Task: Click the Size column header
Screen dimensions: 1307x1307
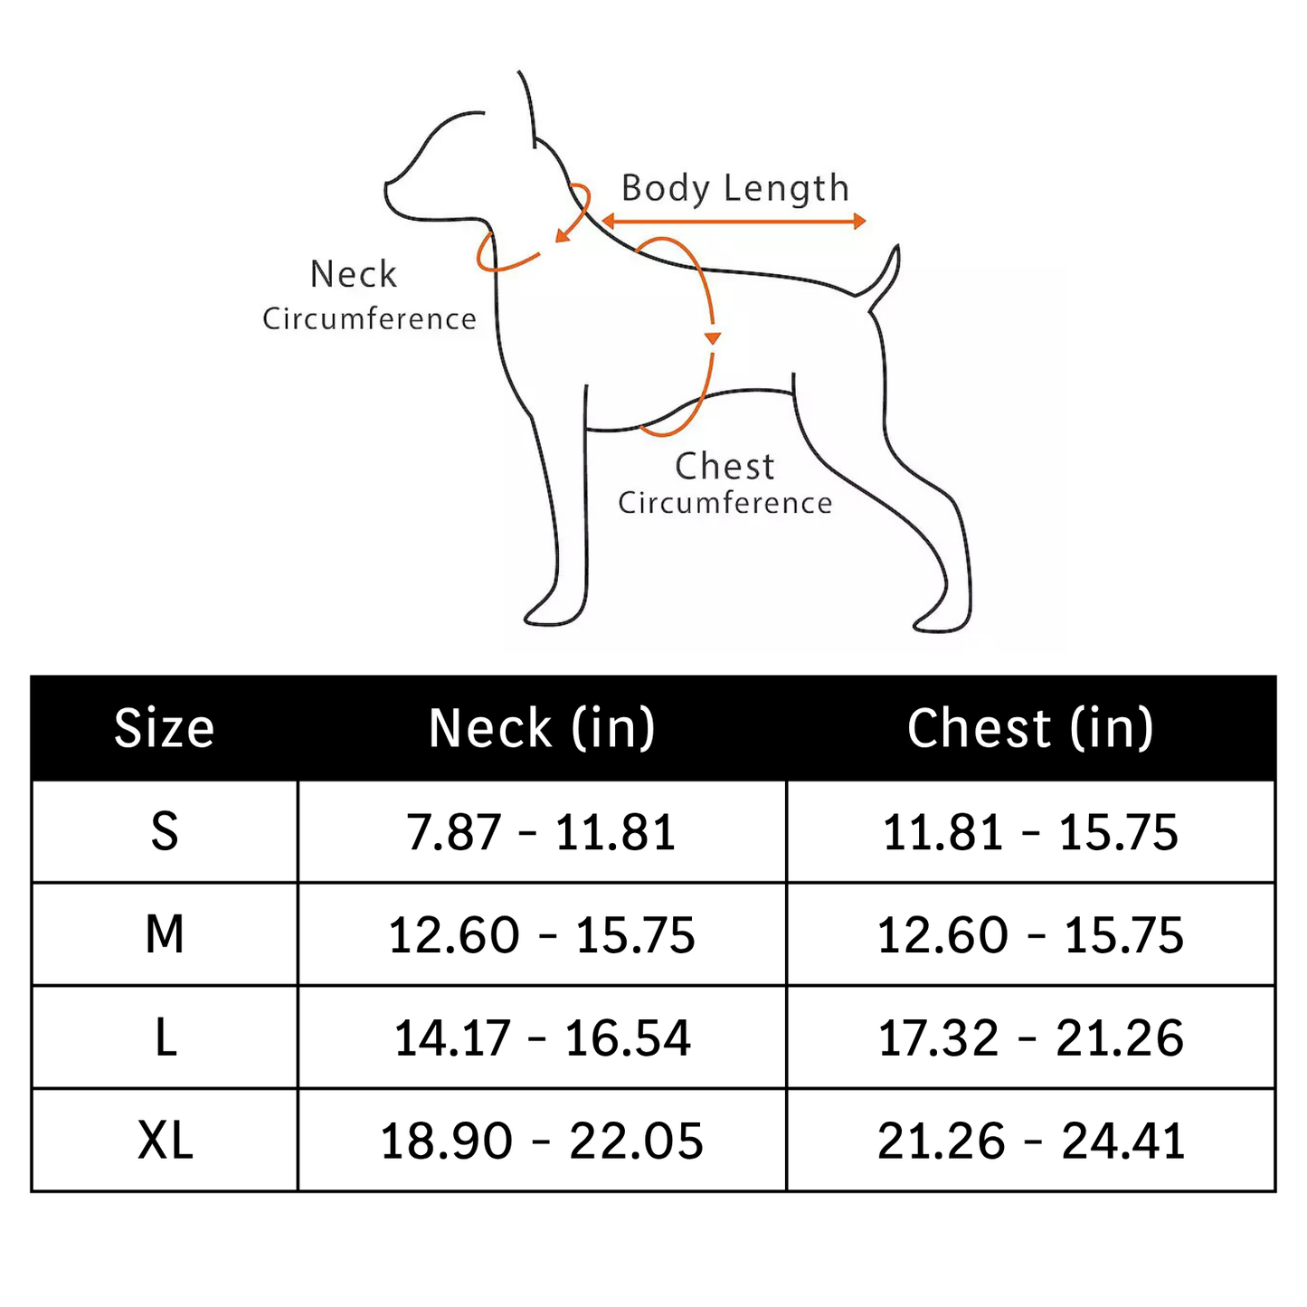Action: pyautogui.click(x=164, y=728)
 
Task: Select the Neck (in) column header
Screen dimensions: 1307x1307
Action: pyautogui.click(x=542, y=728)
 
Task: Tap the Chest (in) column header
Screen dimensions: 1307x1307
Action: pyautogui.click(x=1030, y=728)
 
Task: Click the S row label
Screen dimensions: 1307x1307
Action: pyautogui.click(x=164, y=831)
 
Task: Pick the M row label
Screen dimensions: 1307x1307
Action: pyautogui.click(x=164, y=934)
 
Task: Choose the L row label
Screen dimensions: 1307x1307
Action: pyautogui.click(x=166, y=1037)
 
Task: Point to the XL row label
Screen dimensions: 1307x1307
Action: pyautogui.click(x=165, y=1141)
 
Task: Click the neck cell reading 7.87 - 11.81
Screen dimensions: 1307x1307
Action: pyautogui.click(x=541, y=832)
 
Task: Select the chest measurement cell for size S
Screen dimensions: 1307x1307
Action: pyautogui.click(x=1030, y=832)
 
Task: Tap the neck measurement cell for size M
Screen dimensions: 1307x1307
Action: pyautogui.click(x=541, y=935)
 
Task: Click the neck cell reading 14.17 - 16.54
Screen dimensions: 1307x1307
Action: pyautogui.click(x=542, y=1038)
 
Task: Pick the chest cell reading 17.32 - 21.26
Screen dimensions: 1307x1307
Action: pyautogui.click(x=1030, y=1038)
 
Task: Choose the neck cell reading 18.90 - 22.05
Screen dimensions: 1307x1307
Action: pyautogui.click(x=541, y=1141)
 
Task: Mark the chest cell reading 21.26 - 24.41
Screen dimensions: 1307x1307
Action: pyautogui.click(x=1030, y=1141)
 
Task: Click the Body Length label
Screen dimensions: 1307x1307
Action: pyautogui.click(x=735, y=188)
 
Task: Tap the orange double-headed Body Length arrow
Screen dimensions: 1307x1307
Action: pyautogui.click(x=734, y=221)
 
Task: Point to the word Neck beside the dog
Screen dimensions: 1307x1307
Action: pyautogui.click(x=354, y=275)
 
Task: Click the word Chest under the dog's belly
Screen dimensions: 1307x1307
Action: pyautogui.click(x=725, y=467)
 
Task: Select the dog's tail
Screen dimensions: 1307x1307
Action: pyautogui.click(x=882, y=277)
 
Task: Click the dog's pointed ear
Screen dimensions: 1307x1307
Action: pyautogui.click(x=529, y=109)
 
